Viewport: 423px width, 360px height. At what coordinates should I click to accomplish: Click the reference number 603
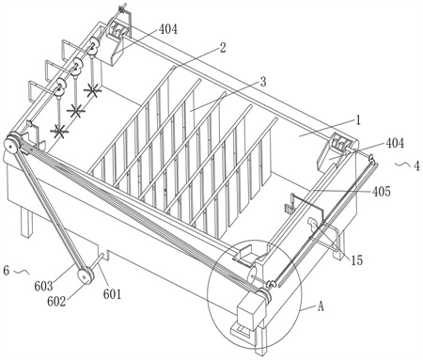coord(43,286)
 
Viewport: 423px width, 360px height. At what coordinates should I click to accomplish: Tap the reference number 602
coord(56,301)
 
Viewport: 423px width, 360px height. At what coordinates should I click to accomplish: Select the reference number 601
coord(112,294)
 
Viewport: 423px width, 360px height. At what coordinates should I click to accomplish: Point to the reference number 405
coord(382,191)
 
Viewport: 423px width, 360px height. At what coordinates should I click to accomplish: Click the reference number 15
coord(356,259)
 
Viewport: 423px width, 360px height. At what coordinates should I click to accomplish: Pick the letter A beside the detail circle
coord(321,306)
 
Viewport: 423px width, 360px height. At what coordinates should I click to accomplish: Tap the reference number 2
coord(223,48)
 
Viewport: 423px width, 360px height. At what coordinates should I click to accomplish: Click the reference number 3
coord(263,82)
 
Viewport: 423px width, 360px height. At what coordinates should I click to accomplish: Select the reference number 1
coord(358,120)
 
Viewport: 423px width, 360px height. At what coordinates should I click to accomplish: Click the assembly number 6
coord(7,270)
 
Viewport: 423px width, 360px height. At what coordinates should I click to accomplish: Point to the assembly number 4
coord(416,166)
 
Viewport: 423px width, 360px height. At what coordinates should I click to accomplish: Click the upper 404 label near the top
coord(168,29)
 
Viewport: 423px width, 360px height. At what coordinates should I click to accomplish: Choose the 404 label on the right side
coord(395,143)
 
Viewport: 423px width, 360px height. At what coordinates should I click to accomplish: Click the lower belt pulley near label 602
coord(86,276)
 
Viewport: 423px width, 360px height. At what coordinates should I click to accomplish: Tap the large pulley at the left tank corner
coord(12,145)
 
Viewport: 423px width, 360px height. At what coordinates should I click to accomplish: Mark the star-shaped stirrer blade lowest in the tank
coord(59,132)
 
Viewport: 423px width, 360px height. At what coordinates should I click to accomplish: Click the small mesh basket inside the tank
coord(289,208)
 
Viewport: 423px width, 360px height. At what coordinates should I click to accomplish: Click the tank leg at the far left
coord(26,223)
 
